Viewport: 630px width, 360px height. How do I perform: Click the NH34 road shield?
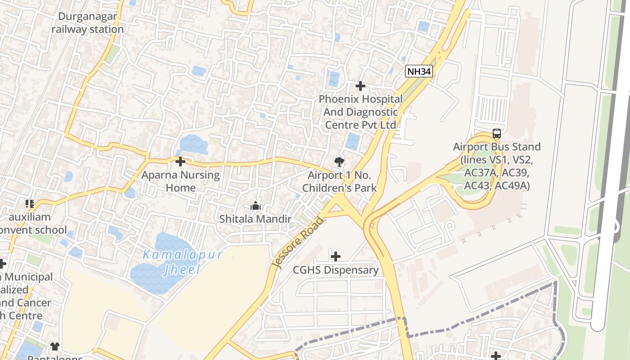point(418,71)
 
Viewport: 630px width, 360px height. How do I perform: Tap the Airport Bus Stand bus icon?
point(496,134)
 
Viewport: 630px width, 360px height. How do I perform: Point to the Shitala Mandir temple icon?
point(256,206)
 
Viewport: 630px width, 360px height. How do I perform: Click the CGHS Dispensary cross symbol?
point(336,256)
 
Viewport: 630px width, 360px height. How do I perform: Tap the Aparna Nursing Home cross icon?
point(180,161)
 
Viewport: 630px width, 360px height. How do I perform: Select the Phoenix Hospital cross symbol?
point(360,85)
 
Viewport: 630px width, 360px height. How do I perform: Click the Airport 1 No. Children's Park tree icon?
point(339,162)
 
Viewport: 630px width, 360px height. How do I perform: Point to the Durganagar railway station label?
point(87,23)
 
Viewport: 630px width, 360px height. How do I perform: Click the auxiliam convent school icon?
point(30,204)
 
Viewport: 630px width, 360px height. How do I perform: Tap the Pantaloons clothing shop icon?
point(55,346)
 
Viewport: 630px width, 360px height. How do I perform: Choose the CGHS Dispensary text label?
point(336,270)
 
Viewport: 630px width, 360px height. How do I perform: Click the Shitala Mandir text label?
point(256,219)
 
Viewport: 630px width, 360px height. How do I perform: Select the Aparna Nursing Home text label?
point(180,181)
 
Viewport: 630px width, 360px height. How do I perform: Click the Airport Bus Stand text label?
point(497,166)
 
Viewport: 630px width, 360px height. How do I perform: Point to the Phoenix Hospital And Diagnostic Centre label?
point(360,112)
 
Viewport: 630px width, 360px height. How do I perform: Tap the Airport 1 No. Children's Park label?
point(339,181)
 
